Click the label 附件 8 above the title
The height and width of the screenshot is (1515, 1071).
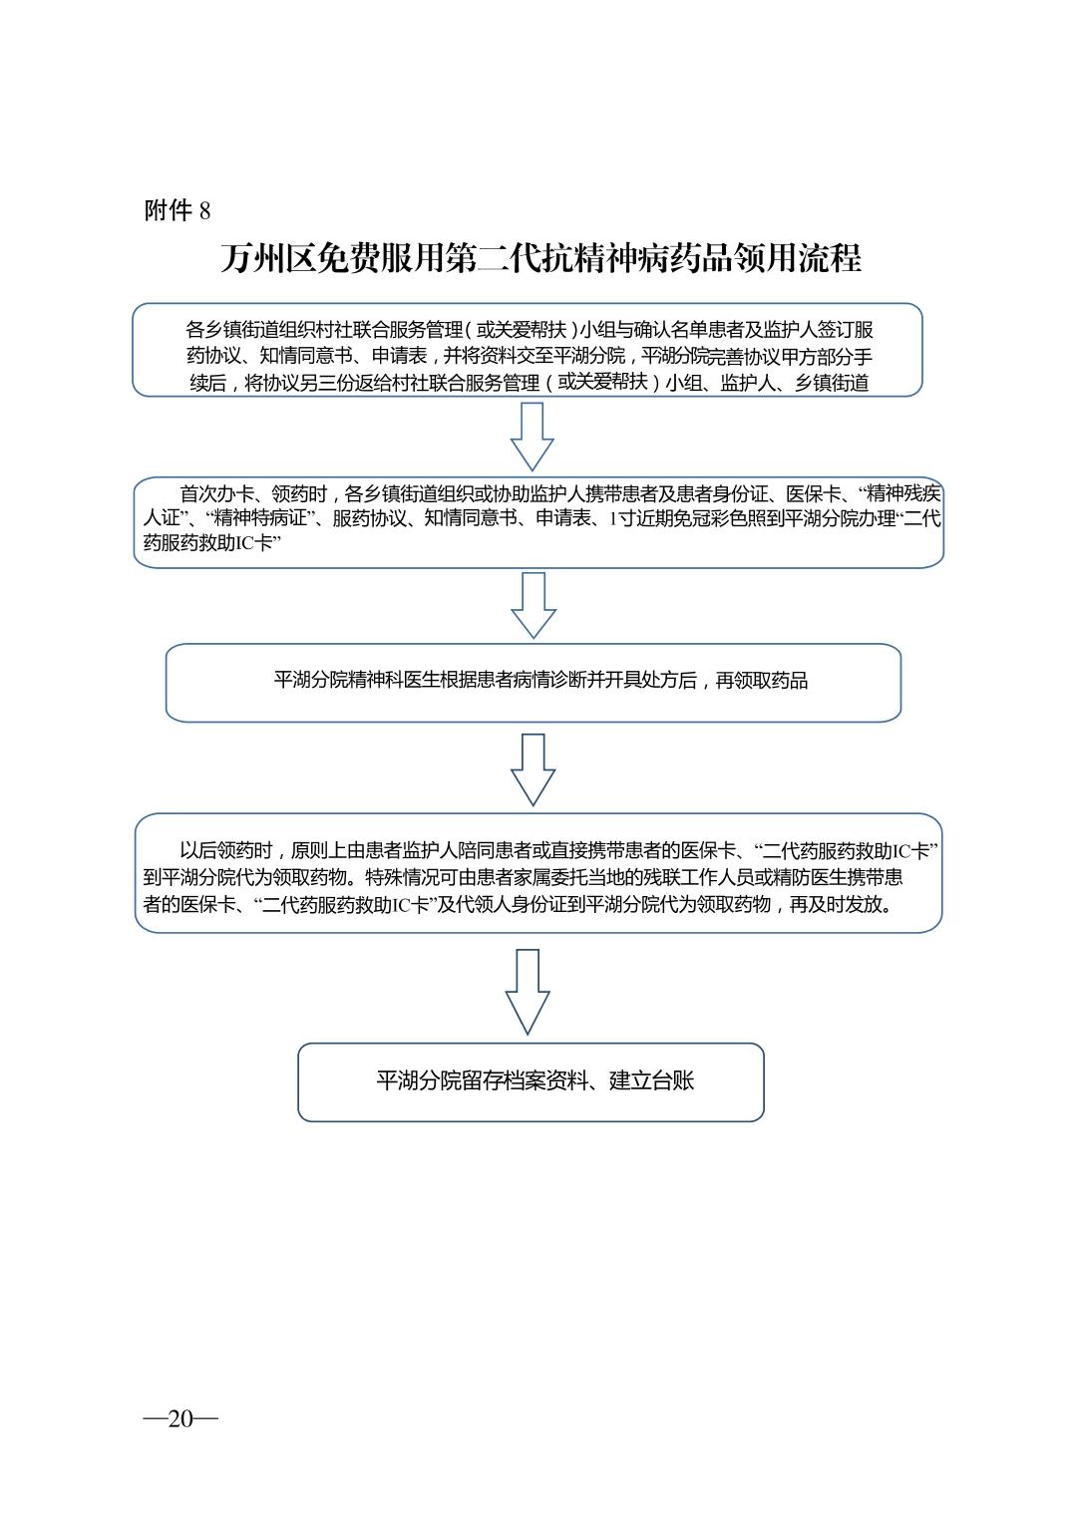pyautogui.click(x=178, y=210)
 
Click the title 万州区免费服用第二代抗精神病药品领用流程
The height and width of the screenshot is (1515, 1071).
pyautogui.click(x=540, y=259)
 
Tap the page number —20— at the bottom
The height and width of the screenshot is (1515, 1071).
pyautogui.click(x=180, y=1418)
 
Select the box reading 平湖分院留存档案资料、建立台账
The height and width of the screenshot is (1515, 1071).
pyautogui.click(x=531, y=1081)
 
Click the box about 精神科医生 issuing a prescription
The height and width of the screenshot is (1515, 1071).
pyautogui.click(x=533, y=682)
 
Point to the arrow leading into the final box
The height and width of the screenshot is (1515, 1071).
pyautogui.click(x=528, y=991)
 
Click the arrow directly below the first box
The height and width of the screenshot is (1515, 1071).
pyautogui.click(x=532, y=436)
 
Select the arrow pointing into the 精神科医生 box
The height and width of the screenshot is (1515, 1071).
pyautogui.click(x=534, y=604)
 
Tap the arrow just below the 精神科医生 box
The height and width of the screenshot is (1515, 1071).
pyautogui.click(x=533, y=768)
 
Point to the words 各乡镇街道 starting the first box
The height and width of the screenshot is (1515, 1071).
pyautogui.click(x=230, y=330)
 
